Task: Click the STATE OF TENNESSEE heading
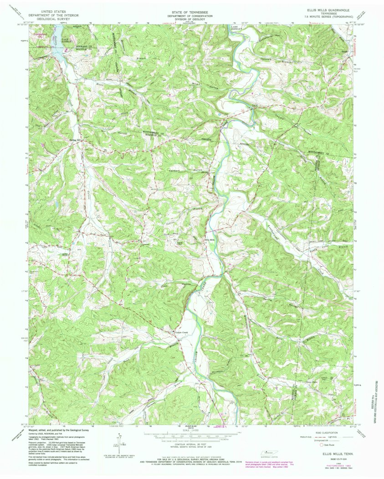coord(191,9)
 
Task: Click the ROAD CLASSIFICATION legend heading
coord(324,433)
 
